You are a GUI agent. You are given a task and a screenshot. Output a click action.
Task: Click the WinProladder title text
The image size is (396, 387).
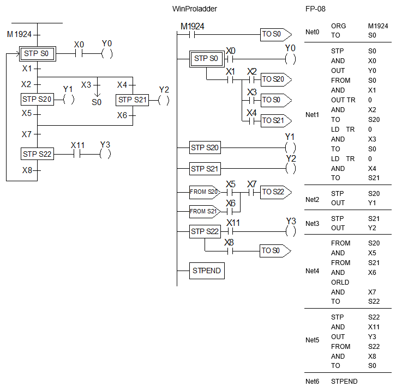tap(195, 9)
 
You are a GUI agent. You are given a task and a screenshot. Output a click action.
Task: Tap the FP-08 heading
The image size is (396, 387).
tap(315, 9)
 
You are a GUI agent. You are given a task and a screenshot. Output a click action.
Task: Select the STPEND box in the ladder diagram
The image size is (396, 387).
tap(207, 271)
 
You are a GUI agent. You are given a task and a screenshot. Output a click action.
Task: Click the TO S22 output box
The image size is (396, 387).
tap(276, 192)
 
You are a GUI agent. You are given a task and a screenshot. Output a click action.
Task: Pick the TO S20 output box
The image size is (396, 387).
tap(276, 79)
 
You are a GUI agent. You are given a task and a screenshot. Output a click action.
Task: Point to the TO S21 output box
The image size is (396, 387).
tap(276, 121)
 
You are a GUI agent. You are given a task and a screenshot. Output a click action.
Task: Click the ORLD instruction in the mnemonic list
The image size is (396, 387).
tap(340, 282)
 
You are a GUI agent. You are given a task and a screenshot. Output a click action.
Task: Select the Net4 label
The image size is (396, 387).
tap(312, 271)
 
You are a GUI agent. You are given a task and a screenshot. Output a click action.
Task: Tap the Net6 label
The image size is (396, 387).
tap(312, 382)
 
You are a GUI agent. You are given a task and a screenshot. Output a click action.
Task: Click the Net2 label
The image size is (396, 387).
tap(312, 200)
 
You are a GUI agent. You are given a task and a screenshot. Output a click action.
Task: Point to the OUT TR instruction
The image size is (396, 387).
tap(343, 100)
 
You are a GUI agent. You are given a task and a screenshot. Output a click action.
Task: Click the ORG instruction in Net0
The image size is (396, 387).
tap(338, 26)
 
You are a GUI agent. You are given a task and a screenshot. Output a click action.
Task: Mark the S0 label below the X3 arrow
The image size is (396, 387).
tap(97, 102)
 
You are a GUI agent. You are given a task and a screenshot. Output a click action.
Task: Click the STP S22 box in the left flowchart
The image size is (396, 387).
tap(38, 153)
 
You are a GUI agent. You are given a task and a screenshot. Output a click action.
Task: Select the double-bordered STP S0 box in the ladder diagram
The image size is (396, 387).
tap(207, 59)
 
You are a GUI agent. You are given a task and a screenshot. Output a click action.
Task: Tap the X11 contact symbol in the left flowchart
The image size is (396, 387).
tap(77, 154)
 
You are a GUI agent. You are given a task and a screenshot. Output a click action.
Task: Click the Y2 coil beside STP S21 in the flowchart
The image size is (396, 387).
tap(164, 100)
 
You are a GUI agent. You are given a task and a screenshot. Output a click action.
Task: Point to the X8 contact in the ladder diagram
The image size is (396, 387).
tap(230, 251)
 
